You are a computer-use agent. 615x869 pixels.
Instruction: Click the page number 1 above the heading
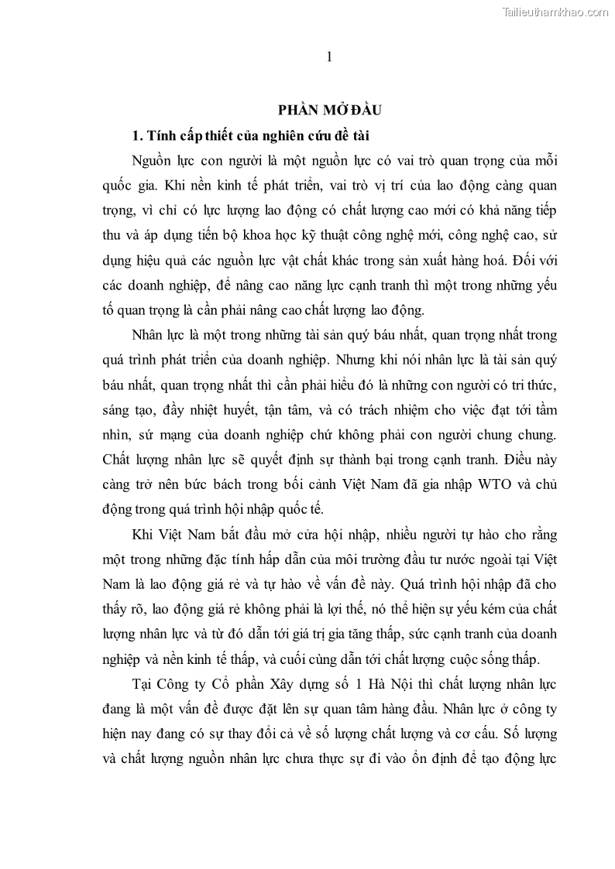coord(329,56)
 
